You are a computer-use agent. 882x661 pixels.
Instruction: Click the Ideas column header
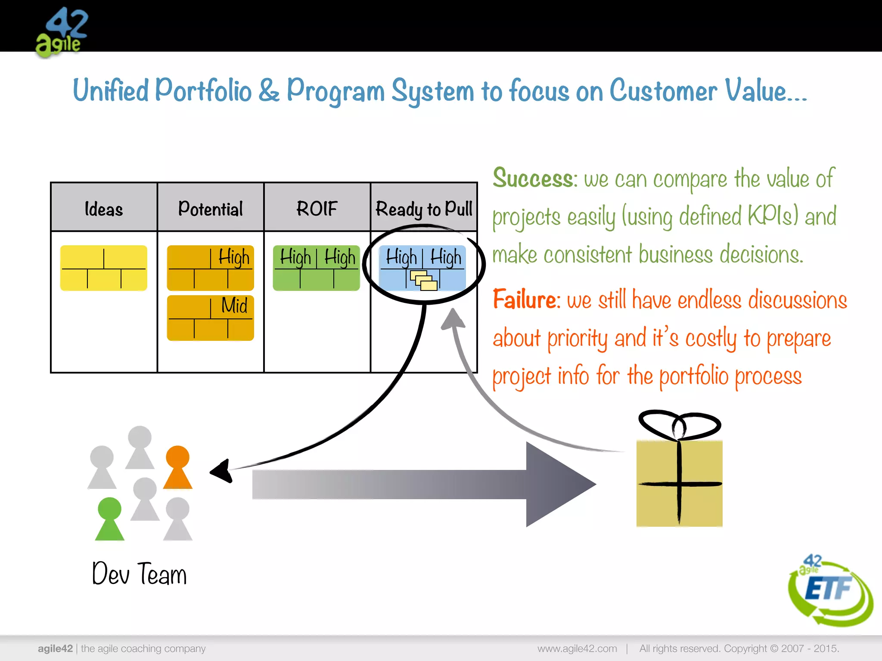pos(104,208)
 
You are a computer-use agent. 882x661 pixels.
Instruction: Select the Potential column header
pos(210,208)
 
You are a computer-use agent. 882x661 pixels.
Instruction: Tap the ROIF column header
pos(317,208)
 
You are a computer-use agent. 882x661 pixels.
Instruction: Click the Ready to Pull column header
pos(424,209)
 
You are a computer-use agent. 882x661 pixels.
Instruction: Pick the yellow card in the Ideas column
pos(104,268)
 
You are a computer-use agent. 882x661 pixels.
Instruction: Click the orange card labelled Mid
pos(210,318)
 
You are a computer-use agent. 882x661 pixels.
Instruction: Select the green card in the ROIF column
pos(317,268)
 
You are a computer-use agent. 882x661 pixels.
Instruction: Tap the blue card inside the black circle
pos(422,268)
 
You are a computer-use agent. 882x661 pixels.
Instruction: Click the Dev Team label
pos(139,574)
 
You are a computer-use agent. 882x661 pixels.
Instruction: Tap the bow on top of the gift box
pos(679,425)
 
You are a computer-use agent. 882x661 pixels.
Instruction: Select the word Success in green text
pos(533,178)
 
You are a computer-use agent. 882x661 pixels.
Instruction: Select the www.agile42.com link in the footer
pos(577,649)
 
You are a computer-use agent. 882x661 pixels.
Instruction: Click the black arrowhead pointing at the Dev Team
pos(221,472)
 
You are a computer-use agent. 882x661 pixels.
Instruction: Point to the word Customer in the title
pos(663,91)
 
